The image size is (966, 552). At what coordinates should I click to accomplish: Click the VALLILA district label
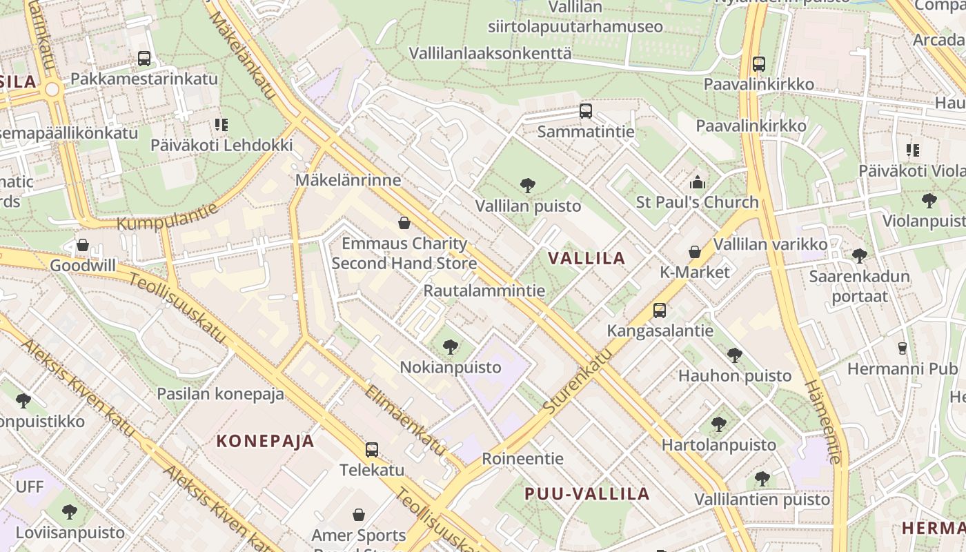(x=586, y=259)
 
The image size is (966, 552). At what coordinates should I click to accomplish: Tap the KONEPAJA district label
(x=266, y=441)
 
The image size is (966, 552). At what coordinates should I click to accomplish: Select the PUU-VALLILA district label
(x=586, y=493)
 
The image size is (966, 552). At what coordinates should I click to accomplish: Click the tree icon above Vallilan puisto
(x=528, y=185)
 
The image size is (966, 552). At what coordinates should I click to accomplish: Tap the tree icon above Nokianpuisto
(x=451, y=346)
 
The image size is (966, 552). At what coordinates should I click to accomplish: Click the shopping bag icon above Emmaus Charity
(x=404, y=223)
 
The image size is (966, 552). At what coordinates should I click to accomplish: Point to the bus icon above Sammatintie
(x=586, y=110)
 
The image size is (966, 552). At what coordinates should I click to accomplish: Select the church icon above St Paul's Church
(x=697, y=182)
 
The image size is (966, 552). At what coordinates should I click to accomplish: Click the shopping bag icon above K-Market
(x=695, y=252)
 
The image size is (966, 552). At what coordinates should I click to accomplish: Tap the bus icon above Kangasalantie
(x=660, y=310)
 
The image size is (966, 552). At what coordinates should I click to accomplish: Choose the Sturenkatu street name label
(x=578, y=382)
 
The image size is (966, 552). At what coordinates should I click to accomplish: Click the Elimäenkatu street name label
(x=406, y=420)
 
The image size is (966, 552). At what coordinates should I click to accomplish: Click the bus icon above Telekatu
(x=372, y=450)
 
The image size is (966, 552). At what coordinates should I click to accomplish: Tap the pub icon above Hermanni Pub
(x=902, y=348)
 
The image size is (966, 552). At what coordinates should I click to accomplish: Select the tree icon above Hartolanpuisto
(x=719, y=424)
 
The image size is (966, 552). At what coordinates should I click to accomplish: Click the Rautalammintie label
(x=484, y=290)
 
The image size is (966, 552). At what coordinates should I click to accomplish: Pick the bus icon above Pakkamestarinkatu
(x=144, y=59)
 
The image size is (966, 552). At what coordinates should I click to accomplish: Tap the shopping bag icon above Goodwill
(x=83, y=245)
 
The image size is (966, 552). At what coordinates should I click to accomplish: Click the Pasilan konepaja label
(x=220, y=394)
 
